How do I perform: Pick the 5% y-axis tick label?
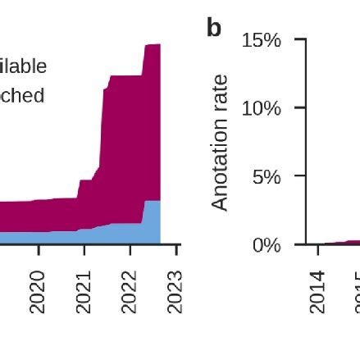point(266,177)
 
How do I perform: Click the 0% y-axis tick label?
point(266,245)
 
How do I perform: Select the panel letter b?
point(214,29)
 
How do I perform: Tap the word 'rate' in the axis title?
point(219,93)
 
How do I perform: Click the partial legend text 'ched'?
point(23,95)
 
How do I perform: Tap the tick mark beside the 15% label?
point(300,39)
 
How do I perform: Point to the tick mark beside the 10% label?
point(300,107)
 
